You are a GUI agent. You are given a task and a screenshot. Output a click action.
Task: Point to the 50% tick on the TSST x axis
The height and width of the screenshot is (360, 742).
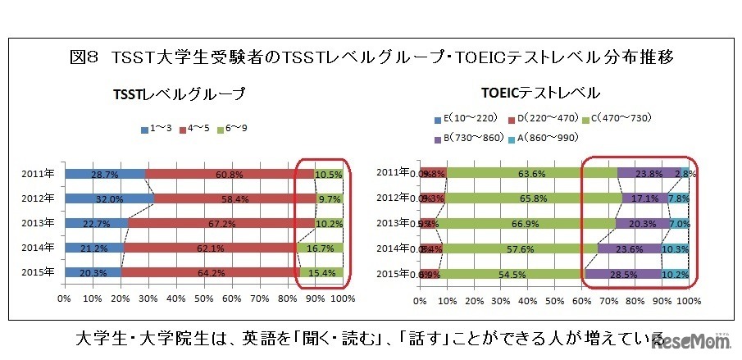pos(204,299)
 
